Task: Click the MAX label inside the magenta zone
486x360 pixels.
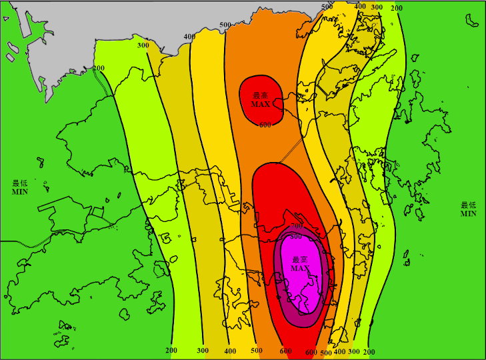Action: point(299,268)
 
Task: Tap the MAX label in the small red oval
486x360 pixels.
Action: point(261,105)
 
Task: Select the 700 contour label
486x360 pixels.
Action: point(297,228)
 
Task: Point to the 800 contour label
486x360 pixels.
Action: point(296,236)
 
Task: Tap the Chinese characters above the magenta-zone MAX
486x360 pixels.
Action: point(299,259)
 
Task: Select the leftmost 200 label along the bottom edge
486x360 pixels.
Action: point(171,350)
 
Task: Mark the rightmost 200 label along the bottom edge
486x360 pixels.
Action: point(369,351)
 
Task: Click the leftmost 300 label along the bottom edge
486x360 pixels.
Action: point(203,350)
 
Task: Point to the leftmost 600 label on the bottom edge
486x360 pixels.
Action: point(285,351)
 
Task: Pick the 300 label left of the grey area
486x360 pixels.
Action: point(143,45)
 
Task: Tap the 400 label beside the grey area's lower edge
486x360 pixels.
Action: point(189,37)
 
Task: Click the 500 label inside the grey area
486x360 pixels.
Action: point(225,25)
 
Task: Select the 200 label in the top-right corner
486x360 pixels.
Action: point(396,8)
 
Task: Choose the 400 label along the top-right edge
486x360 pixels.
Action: point(360,7)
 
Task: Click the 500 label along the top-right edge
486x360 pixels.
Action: point(327,7)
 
